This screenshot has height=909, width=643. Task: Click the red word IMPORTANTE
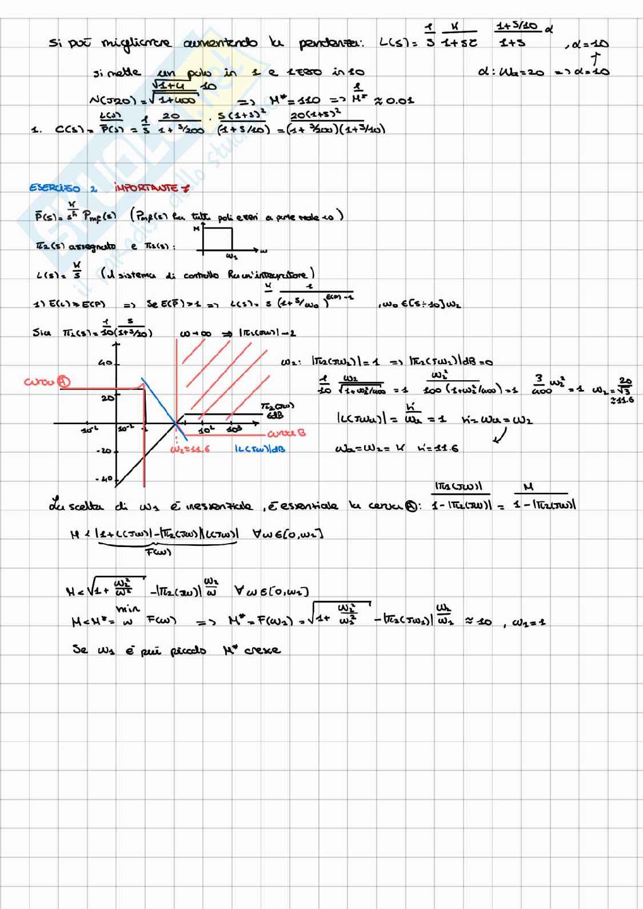tap(150, 188)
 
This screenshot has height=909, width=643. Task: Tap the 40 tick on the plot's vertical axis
tap(105, 363)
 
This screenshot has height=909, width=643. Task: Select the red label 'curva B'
tap(286, 433)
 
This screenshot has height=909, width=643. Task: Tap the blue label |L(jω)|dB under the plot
tap(260, 449)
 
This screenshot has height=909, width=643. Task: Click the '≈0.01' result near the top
tap(394, 101)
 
